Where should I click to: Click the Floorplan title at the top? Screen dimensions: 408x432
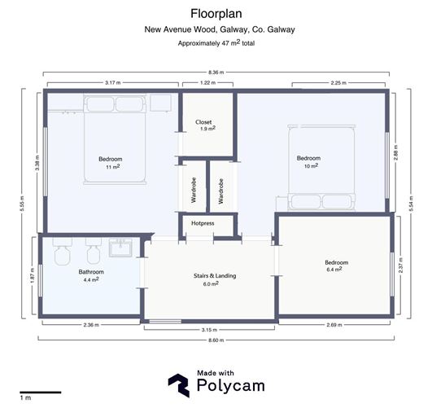click(215, 13)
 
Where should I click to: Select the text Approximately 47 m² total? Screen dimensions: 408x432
click(215, 43)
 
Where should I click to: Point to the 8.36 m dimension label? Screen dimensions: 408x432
click(215, 72)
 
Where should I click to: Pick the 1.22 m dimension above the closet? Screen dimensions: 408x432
click(207, 83)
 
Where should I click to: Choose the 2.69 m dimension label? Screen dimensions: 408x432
click(334, 325)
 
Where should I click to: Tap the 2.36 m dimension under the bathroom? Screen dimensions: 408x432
click(91, 325)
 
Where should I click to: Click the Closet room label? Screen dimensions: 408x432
click(204, 123)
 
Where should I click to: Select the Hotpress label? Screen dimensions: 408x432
click(203, 222)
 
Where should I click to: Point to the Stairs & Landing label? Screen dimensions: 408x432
click(215, 276)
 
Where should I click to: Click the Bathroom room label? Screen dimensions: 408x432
click(91, 271)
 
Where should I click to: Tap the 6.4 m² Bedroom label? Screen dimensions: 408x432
click(336, 267)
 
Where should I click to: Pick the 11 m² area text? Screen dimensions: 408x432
click(112, 166)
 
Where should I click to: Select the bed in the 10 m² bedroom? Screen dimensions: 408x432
click(320, 167)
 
